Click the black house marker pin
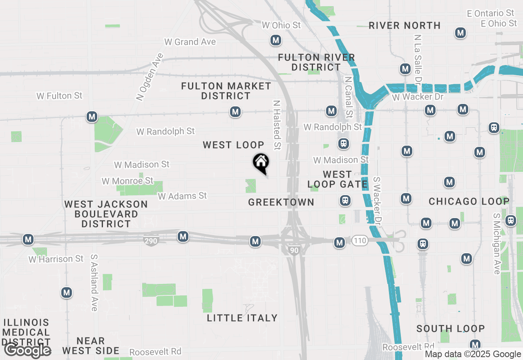click(x=261, y=162)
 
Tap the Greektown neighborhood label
click(x=281, y=202)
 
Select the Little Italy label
click(x=242, y=318)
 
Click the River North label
click(x=405, y=25)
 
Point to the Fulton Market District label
click(x=226, y=91)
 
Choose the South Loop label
click(x=451, y=328)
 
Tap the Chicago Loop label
click(x=469, y=201)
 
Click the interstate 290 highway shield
click(x=151, y=241)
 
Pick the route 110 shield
click(x=360, y=241)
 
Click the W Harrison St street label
click(x=56, y=259)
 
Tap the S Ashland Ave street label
click(x=94, y=283)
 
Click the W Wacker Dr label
click(x=418, y=97)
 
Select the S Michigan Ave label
click(x=497, y=243)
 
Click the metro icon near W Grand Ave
click(x=276, y=40)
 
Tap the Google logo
click(x=27, y=351)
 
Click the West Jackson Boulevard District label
click(x=106, y=214)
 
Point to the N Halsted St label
click(x=277, y=125)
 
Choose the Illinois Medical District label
click(x=27, y=332)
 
